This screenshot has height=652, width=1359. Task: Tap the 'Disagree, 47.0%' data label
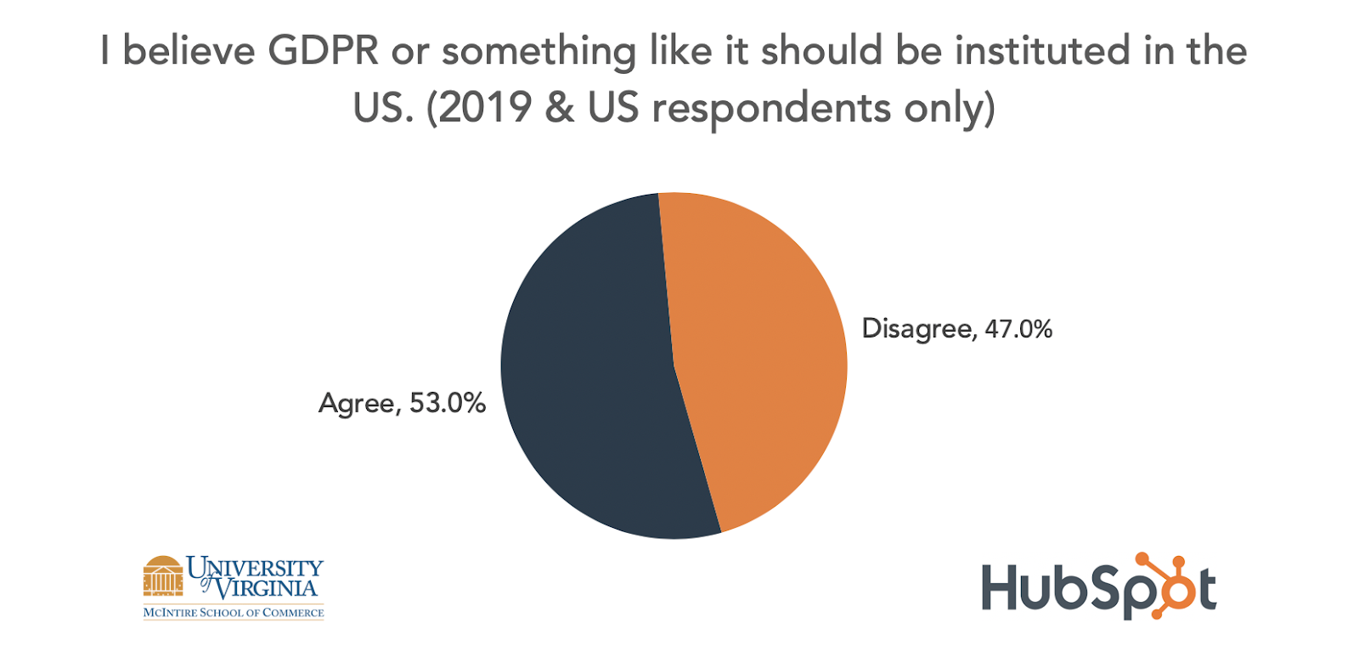(x=956, y=329)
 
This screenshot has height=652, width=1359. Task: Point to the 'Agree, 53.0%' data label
(x=402, y=403)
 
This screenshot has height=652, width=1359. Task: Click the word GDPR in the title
(x=323, y=51)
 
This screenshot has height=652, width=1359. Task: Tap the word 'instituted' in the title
(x=1042, y=51)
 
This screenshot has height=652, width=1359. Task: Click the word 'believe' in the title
(x=189, y=51)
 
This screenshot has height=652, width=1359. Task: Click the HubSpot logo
(x=1099, y=587)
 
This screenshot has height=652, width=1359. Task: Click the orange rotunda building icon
(x=163, y=575)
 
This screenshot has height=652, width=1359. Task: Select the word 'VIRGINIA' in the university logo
(x=266, y=587)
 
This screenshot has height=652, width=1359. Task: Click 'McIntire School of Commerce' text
(x=234, y=612)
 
